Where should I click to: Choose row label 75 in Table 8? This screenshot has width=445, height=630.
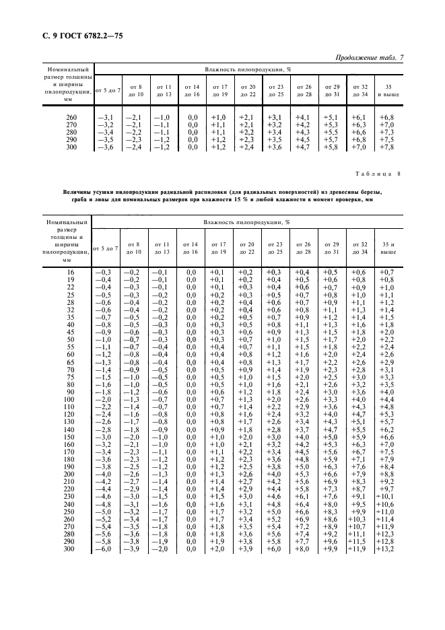coord(71,378)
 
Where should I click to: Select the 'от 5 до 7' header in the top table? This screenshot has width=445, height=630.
coord(107,90)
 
